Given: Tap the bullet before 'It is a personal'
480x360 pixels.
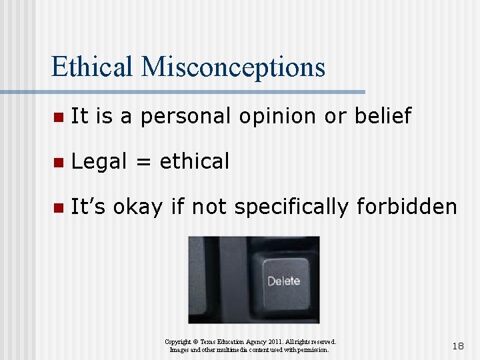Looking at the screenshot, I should pos(58,117).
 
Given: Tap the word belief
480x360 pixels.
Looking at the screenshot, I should pos(383,116).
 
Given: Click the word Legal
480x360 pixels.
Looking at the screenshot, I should pos(99,162).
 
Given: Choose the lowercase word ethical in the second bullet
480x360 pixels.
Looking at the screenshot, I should pos(195,161).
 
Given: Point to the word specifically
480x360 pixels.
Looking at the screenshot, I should pos(290,208).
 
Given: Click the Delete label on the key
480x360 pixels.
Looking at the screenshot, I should pos(284,281).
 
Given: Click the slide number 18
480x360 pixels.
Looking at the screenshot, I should pos(458,346).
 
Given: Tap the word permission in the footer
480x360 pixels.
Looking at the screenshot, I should pos(309,349).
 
